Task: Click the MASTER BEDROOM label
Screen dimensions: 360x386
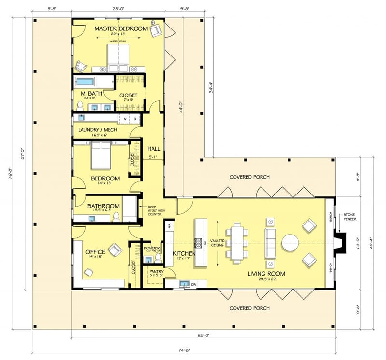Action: tap(121, 29)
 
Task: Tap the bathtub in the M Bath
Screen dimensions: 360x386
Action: tap(85, 82)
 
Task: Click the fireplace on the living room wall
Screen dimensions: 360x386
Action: tap(340, 242)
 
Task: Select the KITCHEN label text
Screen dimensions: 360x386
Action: tap(184, 253)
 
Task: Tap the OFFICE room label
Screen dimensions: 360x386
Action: tap(95, 252)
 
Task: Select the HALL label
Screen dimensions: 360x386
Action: tap(154, 149)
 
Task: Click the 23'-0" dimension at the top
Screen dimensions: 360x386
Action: tap(118, 8)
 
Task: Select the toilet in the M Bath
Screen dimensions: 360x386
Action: tap(80, 105)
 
